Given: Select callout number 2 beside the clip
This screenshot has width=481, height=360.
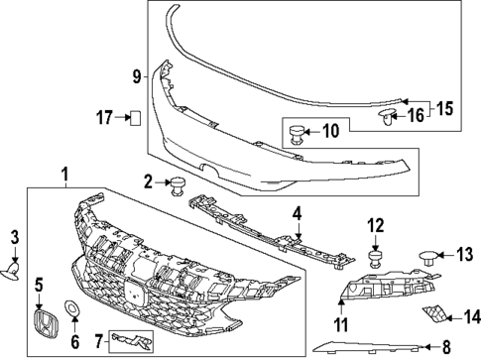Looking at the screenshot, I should pyautogui.click(x=148, y=180).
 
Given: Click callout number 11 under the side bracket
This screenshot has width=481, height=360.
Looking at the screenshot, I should pyautogui.click(x=340, y=324).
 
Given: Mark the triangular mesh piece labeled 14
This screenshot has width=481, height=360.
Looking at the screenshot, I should pyautogui.click(x=432, y=317).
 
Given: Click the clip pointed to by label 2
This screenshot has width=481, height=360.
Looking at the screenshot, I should pyautogui.click(x=177, y=184).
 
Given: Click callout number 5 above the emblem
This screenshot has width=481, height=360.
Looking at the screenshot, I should pyautogui.click(x=40, y=285).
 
